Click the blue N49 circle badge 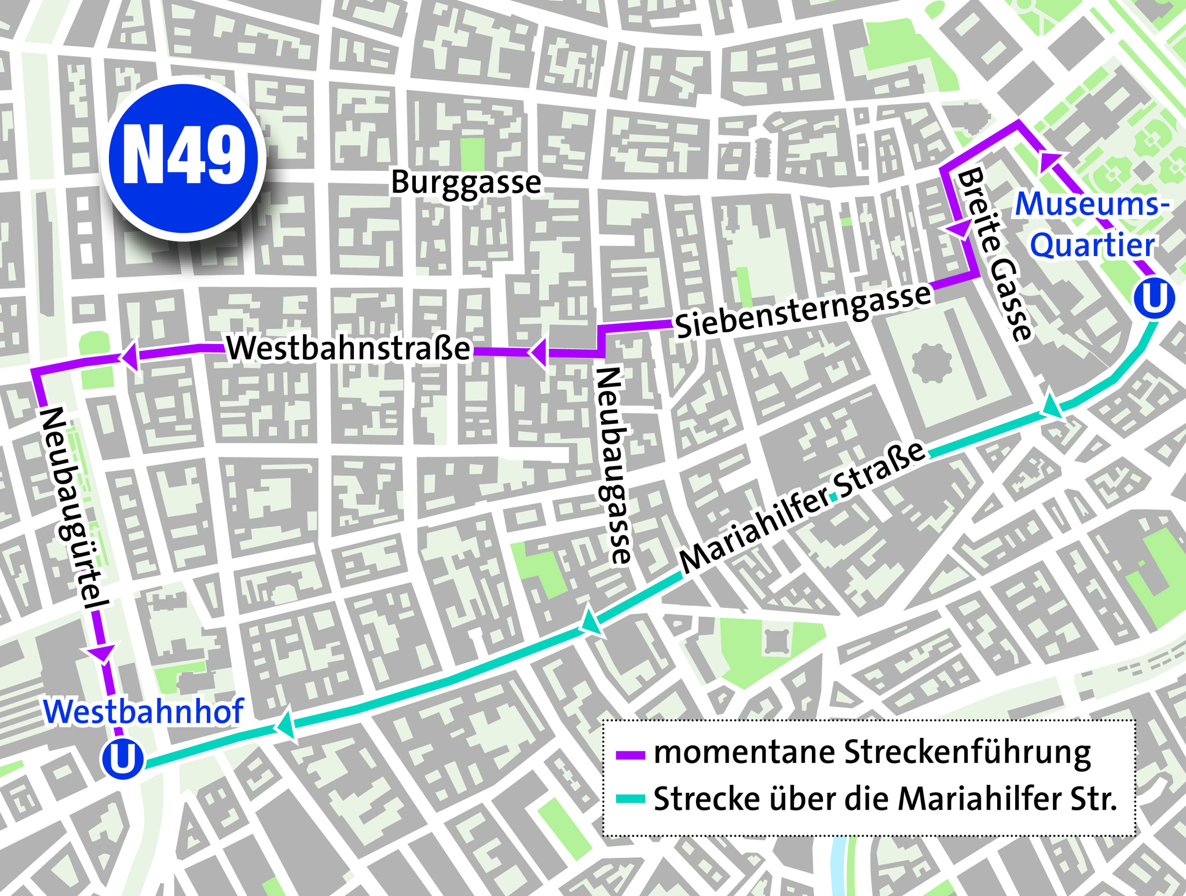point(184,158)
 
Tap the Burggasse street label point(466,183)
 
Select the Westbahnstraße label point(349,349)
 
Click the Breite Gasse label point(995,255)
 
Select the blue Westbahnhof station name point(144,712)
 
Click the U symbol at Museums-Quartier point(1154,299)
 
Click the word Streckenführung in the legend point(968,753)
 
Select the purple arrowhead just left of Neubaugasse point(539,352)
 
